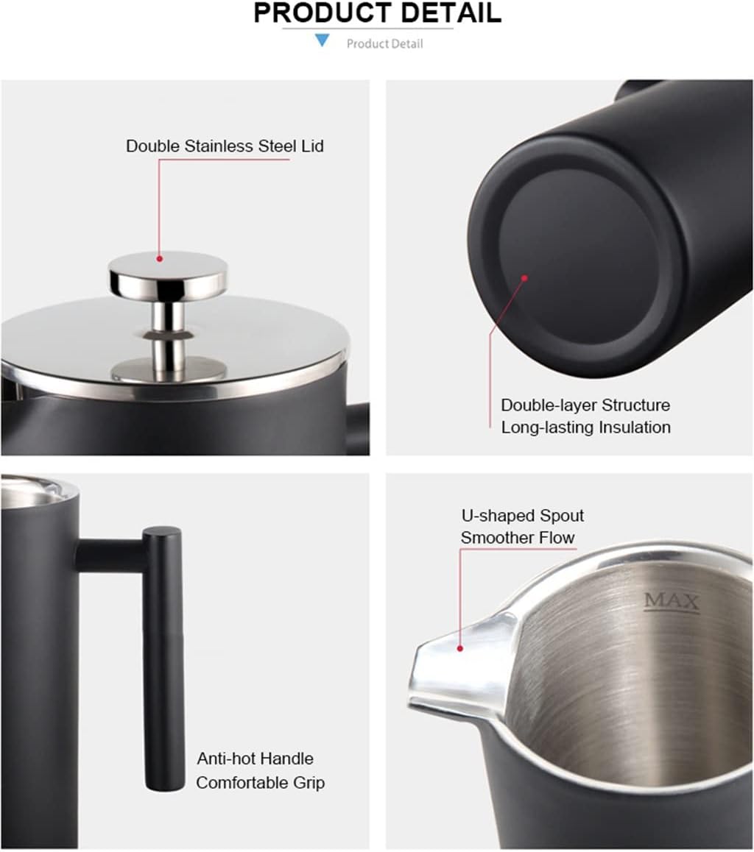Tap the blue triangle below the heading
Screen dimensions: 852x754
pos(322,40)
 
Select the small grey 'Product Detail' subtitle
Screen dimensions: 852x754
pos(384,44)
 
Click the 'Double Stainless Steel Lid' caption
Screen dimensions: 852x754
pos(225,146)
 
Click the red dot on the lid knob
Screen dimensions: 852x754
pos(160,258)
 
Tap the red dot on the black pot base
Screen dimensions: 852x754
pos(525,278)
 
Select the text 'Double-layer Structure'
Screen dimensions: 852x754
pos(585,405)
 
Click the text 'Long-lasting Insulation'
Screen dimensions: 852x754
pos(585,427)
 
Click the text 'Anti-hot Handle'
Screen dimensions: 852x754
pos(255,759)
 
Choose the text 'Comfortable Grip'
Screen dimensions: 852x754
pos(260,781)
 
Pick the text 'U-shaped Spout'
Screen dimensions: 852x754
pos(522,516)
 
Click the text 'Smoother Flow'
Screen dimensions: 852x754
pos(518,538)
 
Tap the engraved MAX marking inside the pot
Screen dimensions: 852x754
pos(672,602)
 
